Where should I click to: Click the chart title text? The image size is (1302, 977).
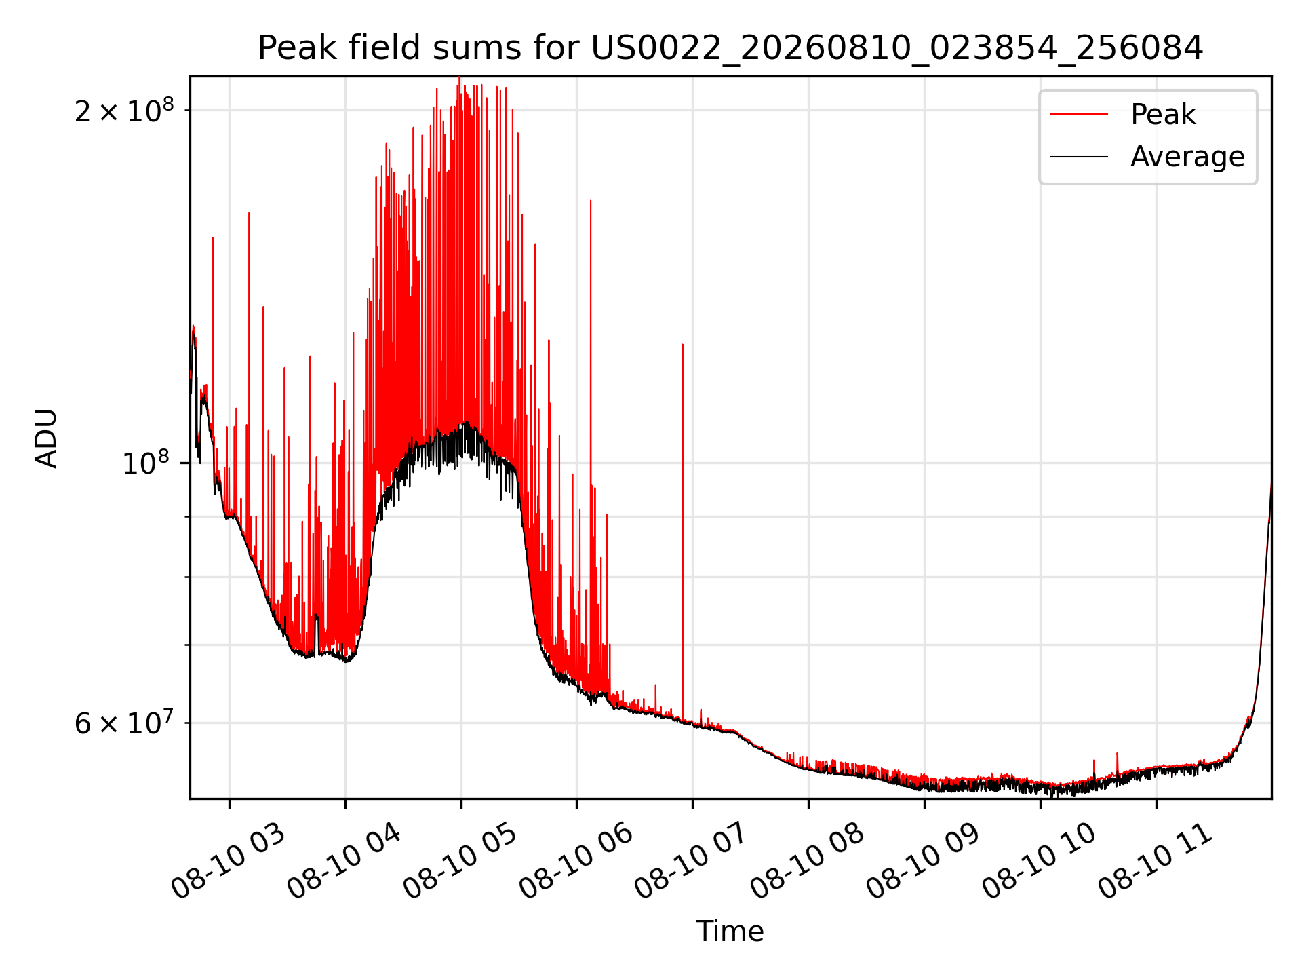coord(730,48)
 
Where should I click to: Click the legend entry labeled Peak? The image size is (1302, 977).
coord(1163,114)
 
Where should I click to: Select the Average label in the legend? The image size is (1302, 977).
coord(1187,157)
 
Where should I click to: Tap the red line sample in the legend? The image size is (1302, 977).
coord(1080,114)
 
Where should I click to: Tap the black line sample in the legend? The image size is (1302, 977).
coord(1080,157)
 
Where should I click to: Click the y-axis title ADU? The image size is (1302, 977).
coord(46,438)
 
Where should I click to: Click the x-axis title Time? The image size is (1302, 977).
coord(730,932)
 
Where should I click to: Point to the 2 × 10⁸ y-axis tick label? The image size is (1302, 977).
coord(124,110)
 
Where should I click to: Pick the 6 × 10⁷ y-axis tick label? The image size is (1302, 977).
coord(124,723)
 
